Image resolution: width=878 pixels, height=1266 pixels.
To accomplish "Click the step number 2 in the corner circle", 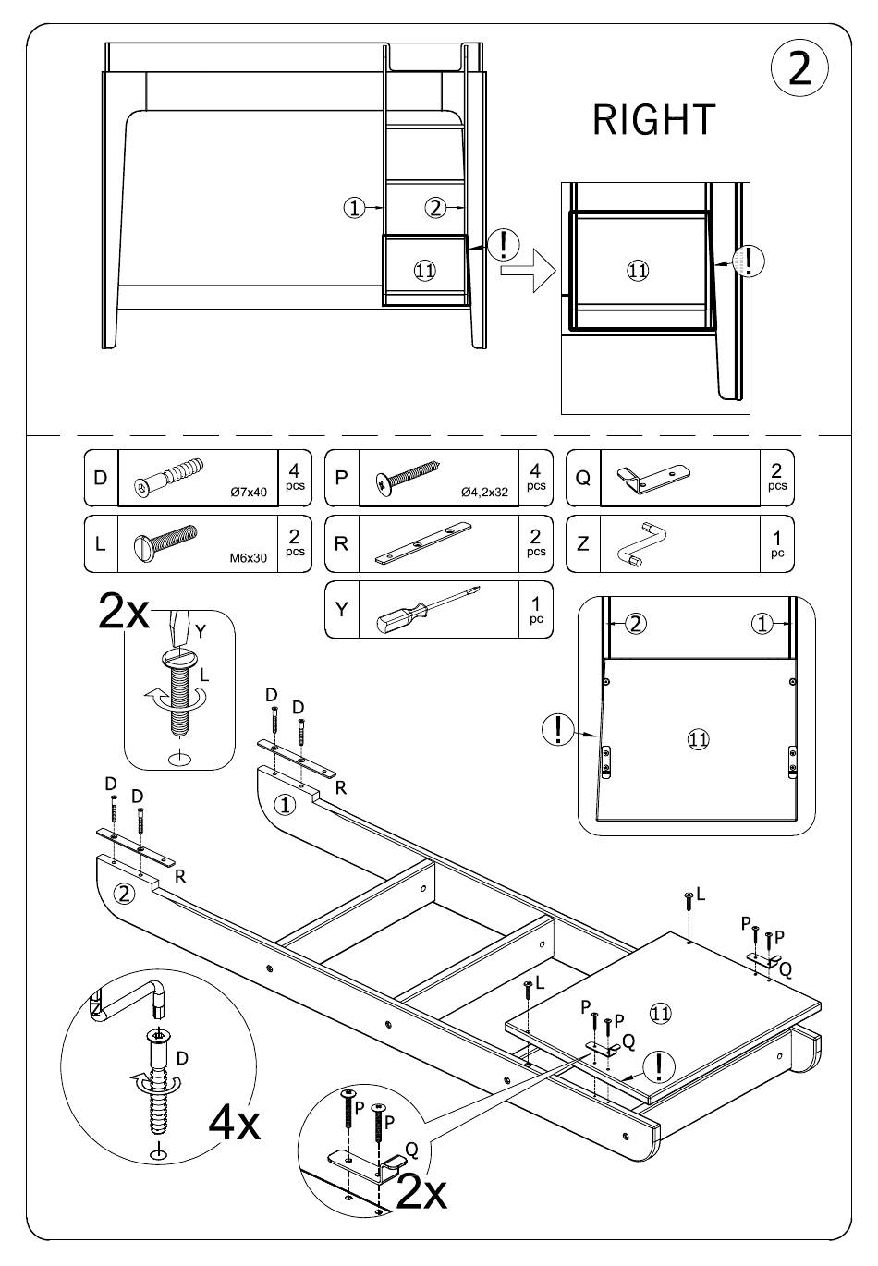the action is [799, 67].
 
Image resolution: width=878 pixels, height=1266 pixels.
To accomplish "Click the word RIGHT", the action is [653, 120].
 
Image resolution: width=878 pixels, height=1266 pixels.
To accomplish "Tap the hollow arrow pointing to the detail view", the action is [528, 272].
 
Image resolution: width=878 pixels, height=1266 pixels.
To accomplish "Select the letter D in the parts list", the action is [101, 478].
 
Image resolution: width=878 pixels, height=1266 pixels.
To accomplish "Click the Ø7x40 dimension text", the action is [249, 493].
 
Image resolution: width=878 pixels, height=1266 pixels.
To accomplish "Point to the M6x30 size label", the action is [249, 558].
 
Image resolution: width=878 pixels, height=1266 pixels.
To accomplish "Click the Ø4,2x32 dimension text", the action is [484, 493].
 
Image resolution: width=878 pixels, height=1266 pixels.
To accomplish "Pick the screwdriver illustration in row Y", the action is [428, 611].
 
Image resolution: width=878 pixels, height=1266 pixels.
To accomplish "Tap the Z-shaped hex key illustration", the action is [641, 543].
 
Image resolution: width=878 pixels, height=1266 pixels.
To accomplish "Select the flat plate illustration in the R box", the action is [423, 543].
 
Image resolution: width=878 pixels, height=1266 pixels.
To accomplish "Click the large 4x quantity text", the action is [235, 1125].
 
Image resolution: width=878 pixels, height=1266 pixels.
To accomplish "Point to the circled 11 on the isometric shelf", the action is [660, 1014].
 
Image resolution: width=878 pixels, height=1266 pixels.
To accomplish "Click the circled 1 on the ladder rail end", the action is [285, 805].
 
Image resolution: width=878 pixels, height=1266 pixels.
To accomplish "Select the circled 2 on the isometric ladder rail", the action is [125, 894].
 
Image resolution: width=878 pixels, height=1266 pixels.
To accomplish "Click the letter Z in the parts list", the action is [583, 543].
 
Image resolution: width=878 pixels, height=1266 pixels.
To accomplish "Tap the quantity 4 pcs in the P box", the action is [535, 478].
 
